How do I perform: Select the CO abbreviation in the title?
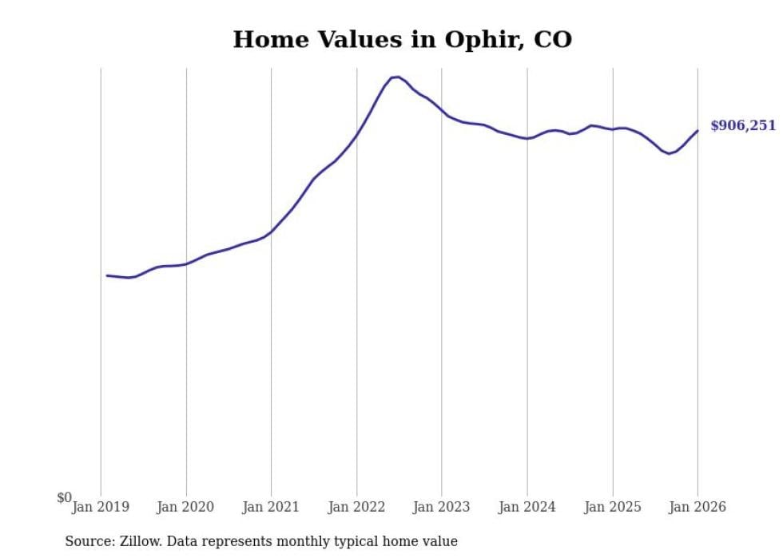coord(552,39)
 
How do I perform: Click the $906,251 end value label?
coord(742,125)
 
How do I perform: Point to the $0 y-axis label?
coord(64,497)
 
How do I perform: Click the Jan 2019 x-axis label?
coord(101,507)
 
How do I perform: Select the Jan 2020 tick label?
coord(186,507)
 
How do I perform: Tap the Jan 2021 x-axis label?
coord(271,507)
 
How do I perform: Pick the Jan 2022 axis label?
coord(356,507)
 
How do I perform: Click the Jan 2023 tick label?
coord(442,507)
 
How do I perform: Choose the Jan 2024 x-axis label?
coord(527,507)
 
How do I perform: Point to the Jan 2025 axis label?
coord(613,507)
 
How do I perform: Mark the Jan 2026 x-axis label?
coord(698,507)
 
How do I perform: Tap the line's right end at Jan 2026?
coord(698,131)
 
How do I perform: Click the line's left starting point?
coord(107,275)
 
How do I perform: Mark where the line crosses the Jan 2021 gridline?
coord(271,232)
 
